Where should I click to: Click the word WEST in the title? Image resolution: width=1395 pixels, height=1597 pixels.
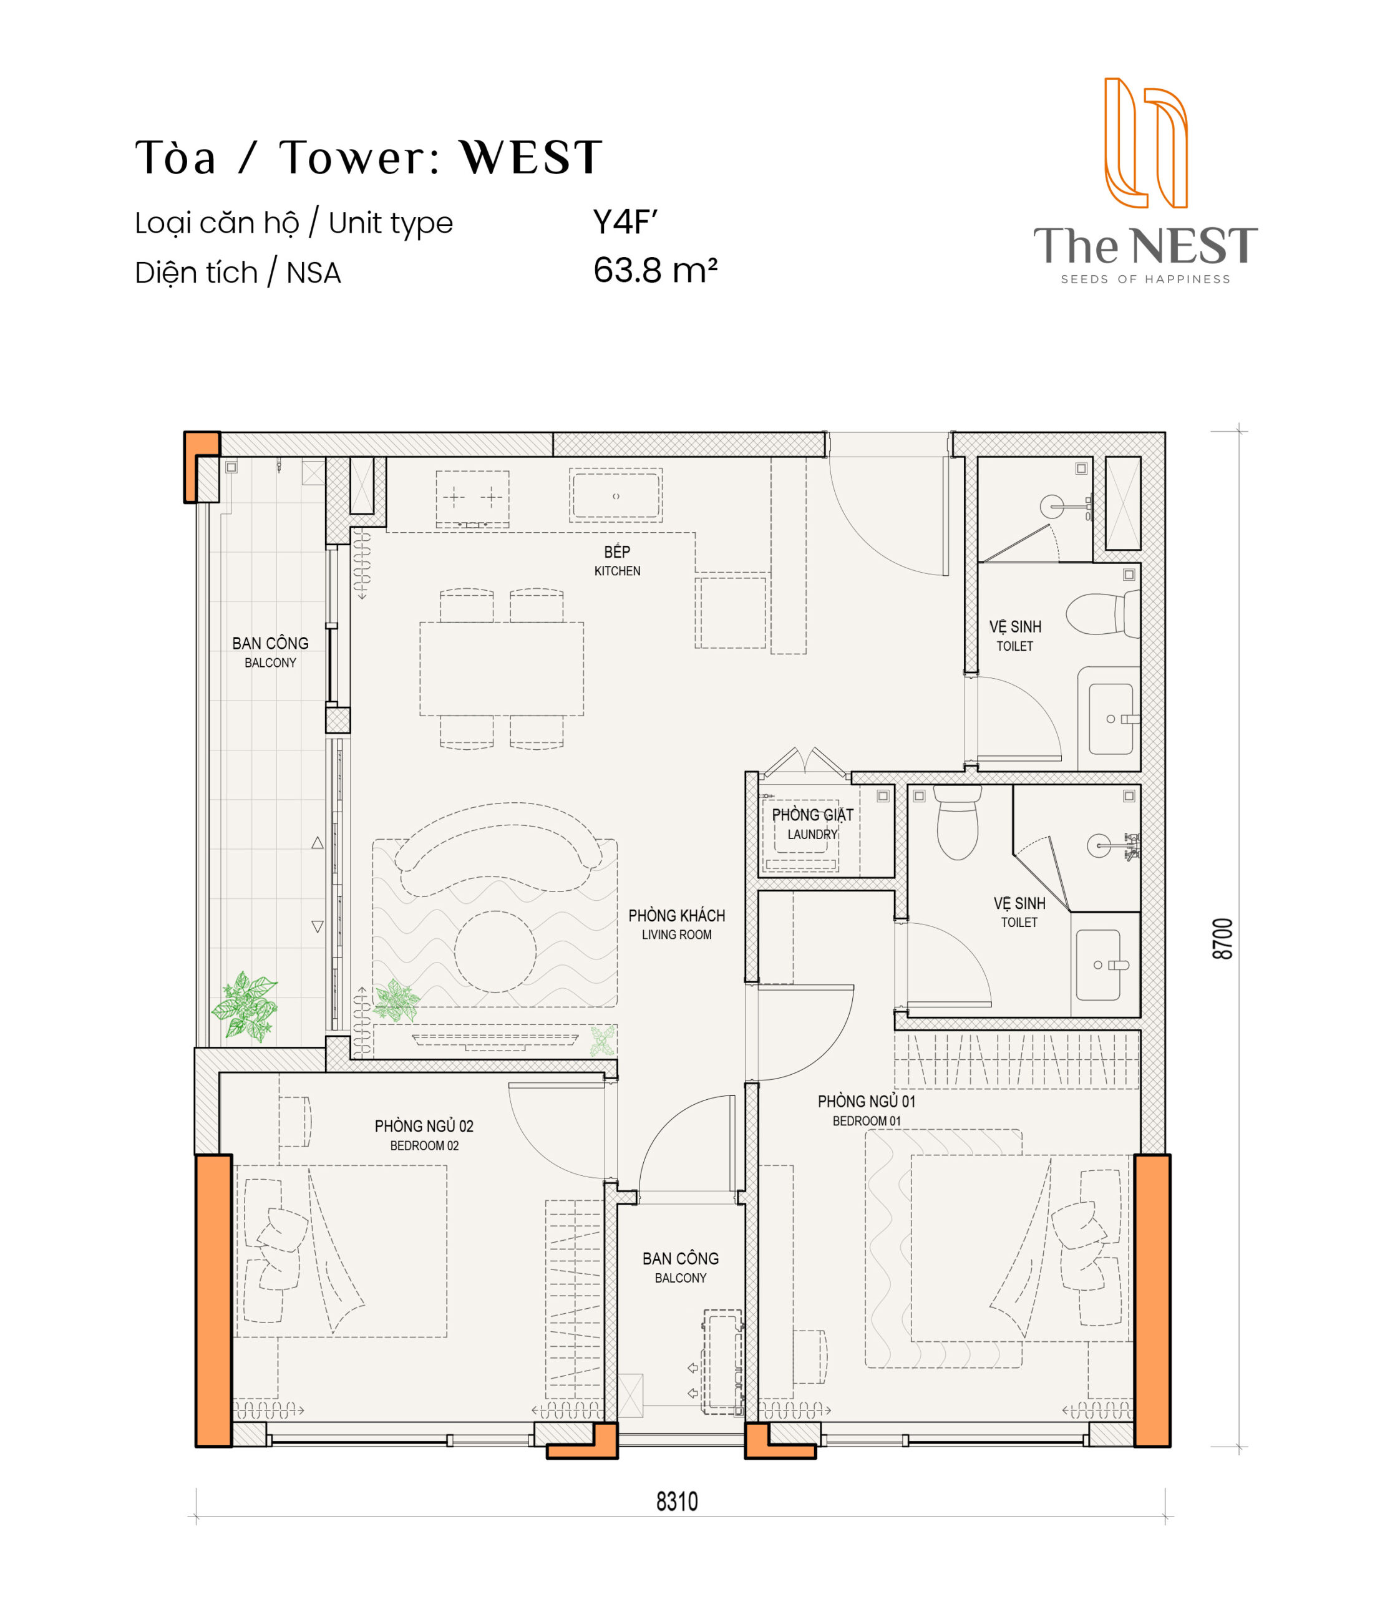click(531, 157)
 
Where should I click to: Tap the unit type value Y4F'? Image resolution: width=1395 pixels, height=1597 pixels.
click(625, 223)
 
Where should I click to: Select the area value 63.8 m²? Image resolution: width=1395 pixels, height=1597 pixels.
click(654, 271)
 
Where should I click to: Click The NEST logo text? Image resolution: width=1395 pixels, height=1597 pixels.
click(1145, 246)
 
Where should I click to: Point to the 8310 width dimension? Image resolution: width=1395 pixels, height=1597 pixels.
click(676, 1502)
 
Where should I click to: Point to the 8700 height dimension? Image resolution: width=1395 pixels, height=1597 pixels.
click(1223, 939)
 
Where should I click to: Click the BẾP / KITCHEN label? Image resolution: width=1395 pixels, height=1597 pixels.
click(617, 560)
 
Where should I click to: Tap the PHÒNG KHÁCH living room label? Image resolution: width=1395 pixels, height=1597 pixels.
click(676, 924)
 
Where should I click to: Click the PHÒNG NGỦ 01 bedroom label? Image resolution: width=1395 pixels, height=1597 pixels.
click(867, 1110)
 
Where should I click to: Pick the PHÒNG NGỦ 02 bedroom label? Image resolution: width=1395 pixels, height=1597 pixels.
click(424, 1135)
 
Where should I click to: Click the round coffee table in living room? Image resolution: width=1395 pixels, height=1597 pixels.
click(495, 951)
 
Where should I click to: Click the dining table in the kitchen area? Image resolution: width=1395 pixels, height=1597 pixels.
click(502, 669)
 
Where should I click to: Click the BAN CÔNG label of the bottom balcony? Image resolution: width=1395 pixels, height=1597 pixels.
click(681, 1268)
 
